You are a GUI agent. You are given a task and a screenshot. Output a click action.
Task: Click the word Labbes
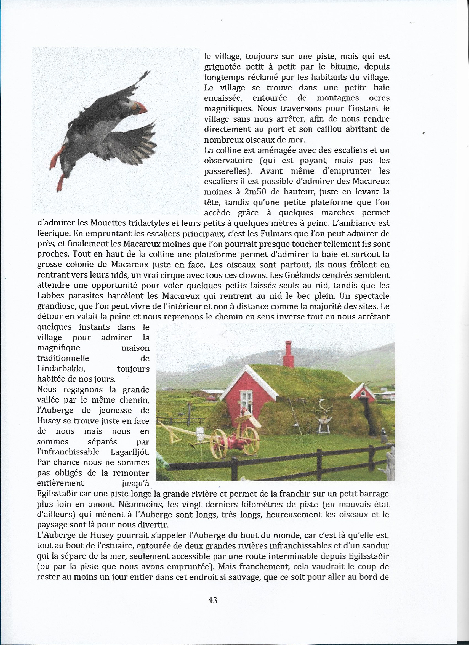point(50,296)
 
